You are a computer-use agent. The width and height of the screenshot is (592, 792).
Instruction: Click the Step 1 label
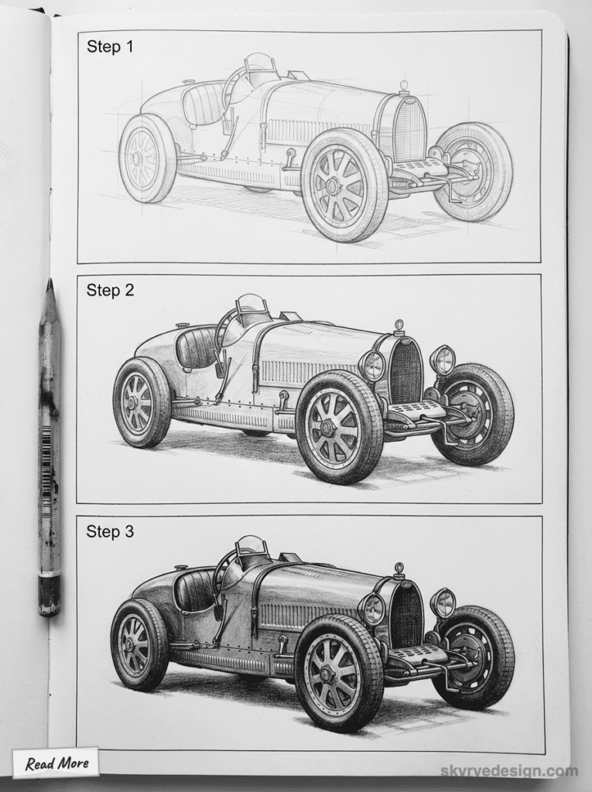tap(110, 46)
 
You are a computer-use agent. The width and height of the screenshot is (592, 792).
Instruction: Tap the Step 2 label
tap(110, 290)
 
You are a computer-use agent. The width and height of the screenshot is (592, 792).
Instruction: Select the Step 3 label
tap(110, 531)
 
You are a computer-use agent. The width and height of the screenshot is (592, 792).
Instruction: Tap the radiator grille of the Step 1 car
tap(409, 129)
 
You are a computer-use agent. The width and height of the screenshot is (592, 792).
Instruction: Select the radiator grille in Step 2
tap(406, 372)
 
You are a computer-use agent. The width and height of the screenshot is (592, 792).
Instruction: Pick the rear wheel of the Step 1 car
tap(146, 158)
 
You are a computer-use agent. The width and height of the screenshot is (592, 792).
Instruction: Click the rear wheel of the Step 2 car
tap(142, 402)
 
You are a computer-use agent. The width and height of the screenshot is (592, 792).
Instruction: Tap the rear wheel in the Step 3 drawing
tap(139, 644)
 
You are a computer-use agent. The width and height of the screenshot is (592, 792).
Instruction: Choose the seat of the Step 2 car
tap(196, 346)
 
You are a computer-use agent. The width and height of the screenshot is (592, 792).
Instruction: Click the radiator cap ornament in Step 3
tap(399, 569)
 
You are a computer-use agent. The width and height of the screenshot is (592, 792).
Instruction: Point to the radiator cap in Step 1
tap(404, 84)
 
